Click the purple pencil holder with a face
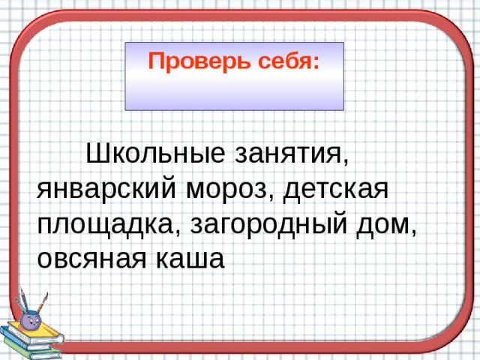(31, 319)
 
